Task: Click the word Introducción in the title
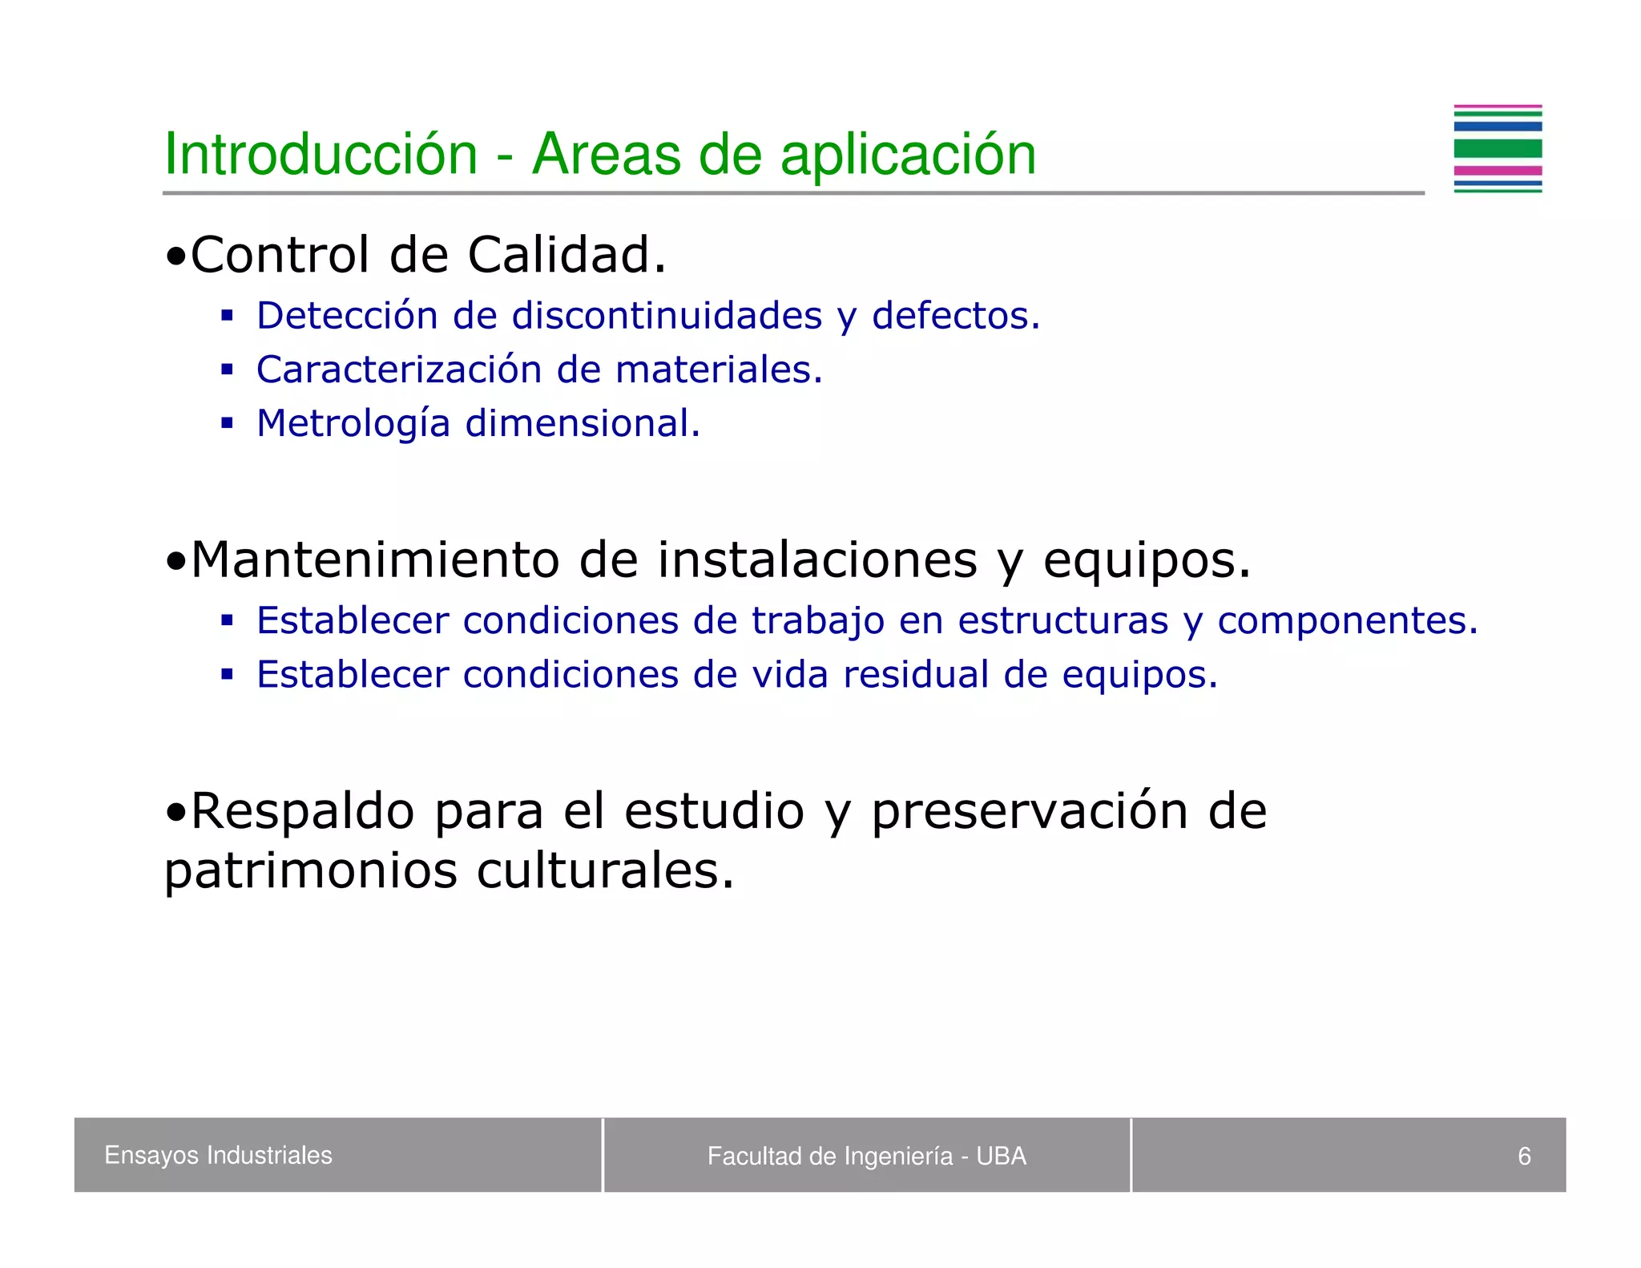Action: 321,154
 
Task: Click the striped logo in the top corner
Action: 1497,149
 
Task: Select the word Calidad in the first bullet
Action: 566,256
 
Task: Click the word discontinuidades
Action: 667,316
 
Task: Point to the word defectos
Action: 955,316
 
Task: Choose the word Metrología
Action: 353,423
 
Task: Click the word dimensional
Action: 583,423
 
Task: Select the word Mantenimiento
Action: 375,559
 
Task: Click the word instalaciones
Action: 817,559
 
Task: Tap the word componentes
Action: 1347,621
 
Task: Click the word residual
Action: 916,675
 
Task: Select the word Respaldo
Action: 302,811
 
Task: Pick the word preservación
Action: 1029,811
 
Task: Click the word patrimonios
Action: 310,871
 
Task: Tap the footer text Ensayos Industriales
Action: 218,1155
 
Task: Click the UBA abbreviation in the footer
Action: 1001,1156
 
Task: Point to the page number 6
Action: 1524,1156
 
